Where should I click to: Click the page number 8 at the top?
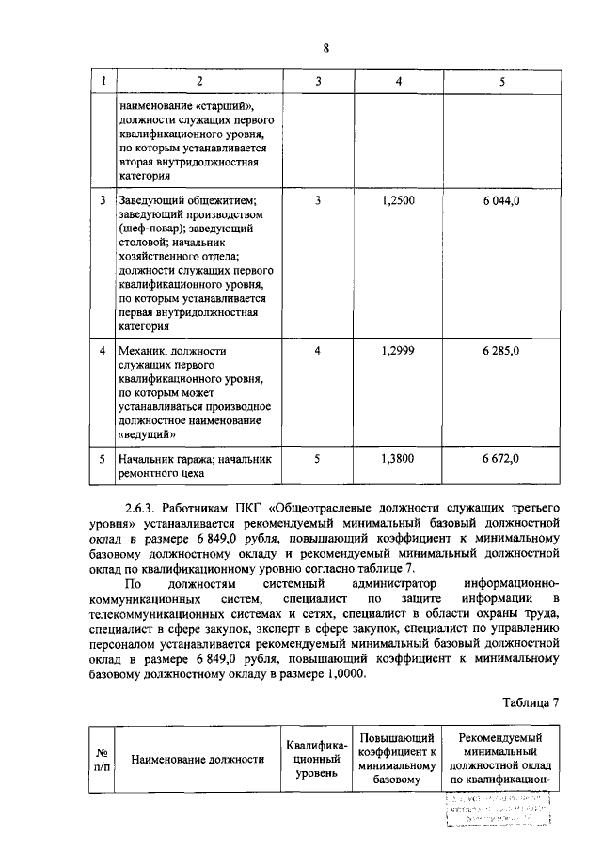pos(325,50)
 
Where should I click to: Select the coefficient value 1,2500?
pos(399,200)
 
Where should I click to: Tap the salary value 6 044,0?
pos(501,200)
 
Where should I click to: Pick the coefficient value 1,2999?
pos(399,351)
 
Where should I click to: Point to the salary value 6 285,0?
pos(501,351)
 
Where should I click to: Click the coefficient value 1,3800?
pos(399,459)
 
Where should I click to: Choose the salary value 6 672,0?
pos(501,459)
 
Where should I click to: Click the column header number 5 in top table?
pos(501,82)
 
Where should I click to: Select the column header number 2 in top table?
pos(198,82)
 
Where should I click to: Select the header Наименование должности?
pos(198,760)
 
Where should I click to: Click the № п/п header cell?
pos(101,760)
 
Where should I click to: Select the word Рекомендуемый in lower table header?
pos(501,739)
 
